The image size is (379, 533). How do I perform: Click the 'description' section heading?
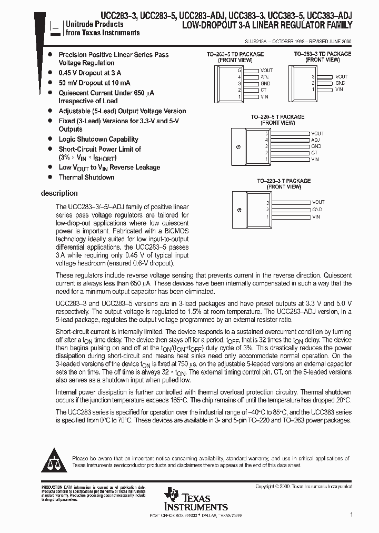(59, 193)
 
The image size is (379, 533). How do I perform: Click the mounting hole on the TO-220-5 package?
(240, 147)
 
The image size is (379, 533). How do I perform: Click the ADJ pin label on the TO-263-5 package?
(265, 77)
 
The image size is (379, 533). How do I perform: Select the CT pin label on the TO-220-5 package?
(315, 153)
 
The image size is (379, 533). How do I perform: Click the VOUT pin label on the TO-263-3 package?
(341, 77)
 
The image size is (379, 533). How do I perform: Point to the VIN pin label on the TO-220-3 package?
(316, 216)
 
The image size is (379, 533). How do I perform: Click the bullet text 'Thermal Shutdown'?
(86, 177)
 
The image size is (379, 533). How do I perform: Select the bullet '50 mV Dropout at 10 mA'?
(94, 83)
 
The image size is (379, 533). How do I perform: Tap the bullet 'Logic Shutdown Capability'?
(98, 140)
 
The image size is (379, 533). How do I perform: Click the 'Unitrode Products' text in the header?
(94, 24)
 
